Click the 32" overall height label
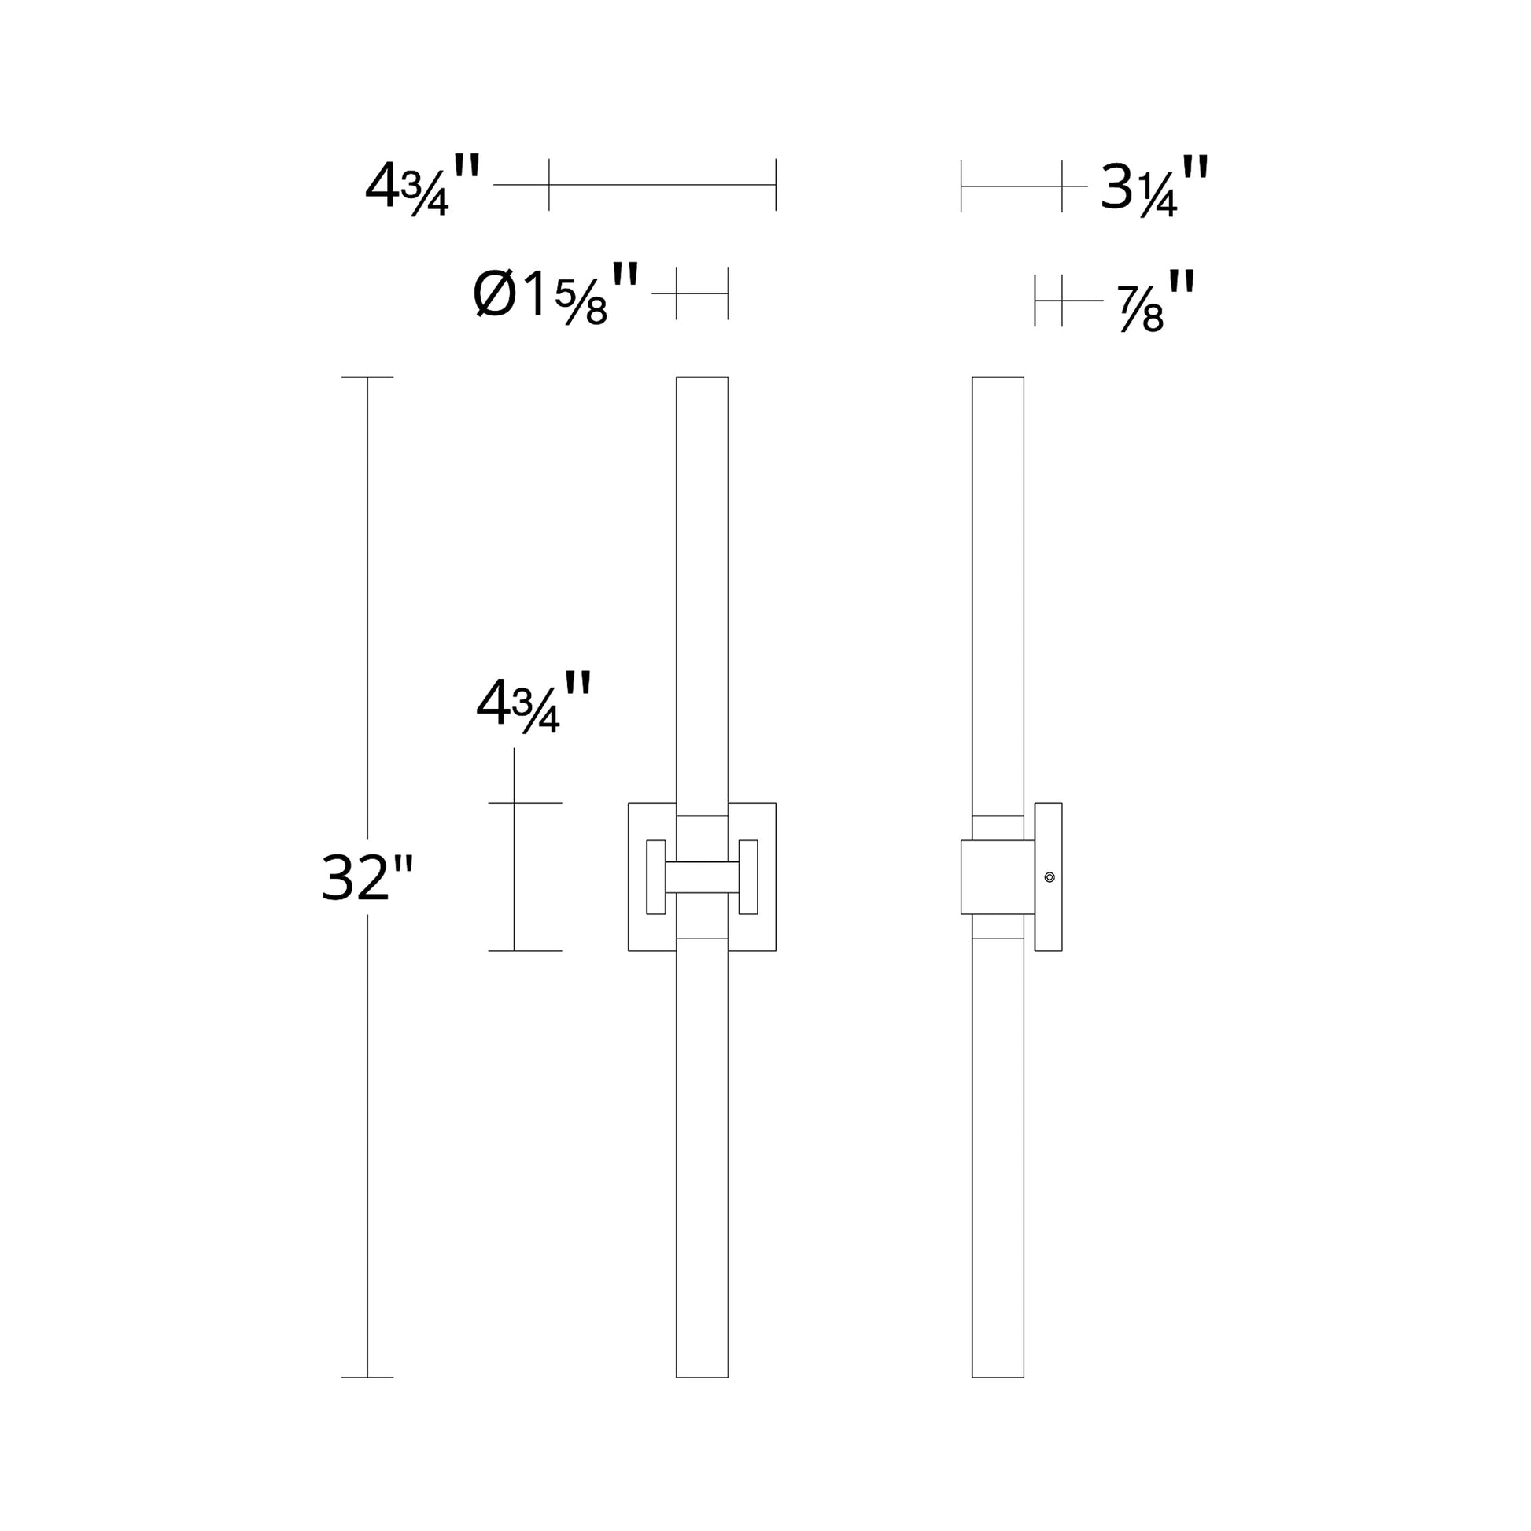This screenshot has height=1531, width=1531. tap(367, 878)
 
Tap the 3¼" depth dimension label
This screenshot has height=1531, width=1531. tap(1154, 187)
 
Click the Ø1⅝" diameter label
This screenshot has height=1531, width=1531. tap(555, 295)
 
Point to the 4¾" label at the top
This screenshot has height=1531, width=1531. tap(422, 187)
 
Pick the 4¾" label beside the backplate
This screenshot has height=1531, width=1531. tap(533, 703)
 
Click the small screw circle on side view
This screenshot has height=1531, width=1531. tap(1050, 877)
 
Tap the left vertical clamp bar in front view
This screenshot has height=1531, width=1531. tap(655, 877)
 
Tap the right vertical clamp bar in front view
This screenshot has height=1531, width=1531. tap(748, 877)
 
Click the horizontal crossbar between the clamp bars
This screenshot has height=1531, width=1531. tap(702, 877)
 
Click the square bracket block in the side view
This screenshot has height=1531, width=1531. tap(997, 877)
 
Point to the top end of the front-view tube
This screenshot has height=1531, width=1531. tap(702, 378)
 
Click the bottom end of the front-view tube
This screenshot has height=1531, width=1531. tap(702, 1376)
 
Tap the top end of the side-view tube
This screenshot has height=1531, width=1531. tap(998, 378)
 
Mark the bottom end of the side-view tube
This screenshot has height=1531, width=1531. tap(998, 1376)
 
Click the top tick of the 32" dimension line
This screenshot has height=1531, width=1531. tap(367, 377)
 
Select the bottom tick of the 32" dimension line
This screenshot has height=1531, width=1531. tap(367, 1378)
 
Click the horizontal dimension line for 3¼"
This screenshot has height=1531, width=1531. tap(1011, 186)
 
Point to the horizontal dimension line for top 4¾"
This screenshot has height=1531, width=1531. tap(662, 185)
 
